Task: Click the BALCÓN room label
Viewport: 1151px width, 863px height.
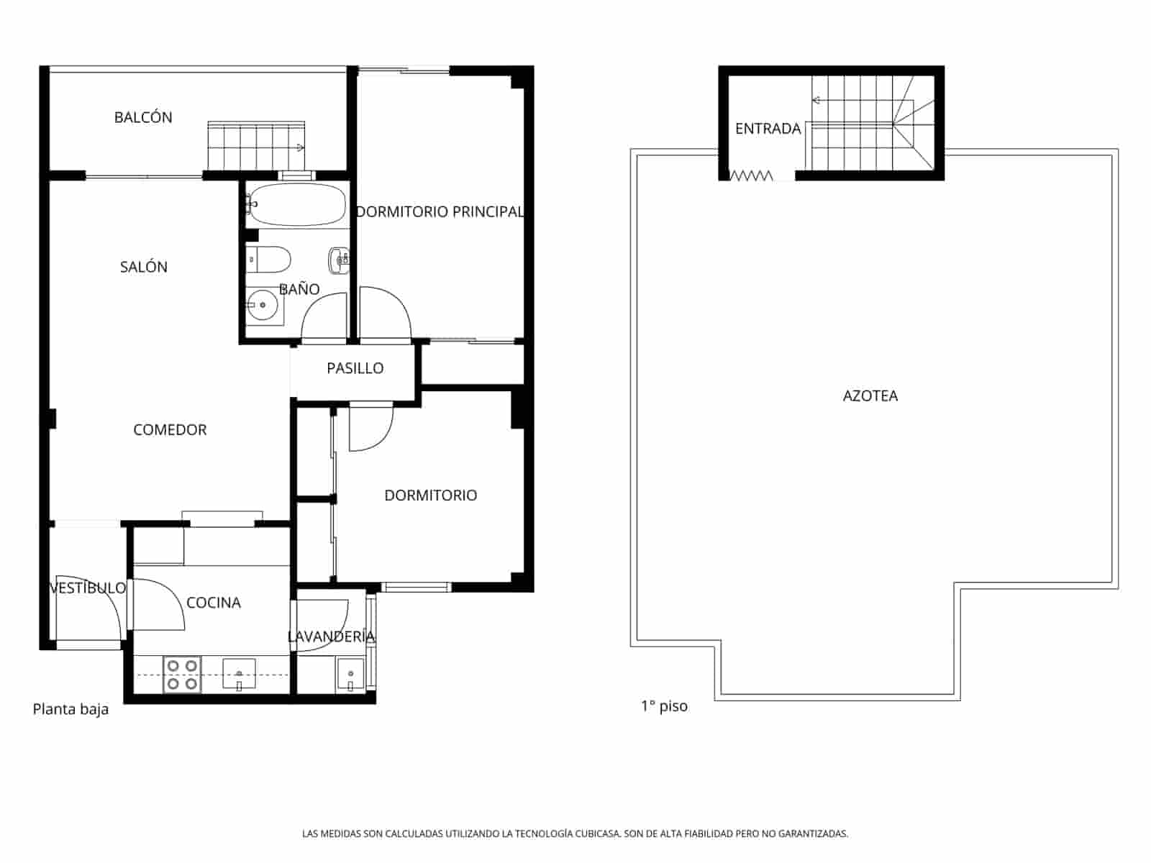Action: (x=143, y=117)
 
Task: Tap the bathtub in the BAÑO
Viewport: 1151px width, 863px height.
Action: (x=296, y=204)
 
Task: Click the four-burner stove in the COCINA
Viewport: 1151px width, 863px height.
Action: (x=181, y=675)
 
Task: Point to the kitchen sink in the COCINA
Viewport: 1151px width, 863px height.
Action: (x=239, y=674)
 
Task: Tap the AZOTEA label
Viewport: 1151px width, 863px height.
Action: (x=870, y=396)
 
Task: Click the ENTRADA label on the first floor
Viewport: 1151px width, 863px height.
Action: (x=768, y=129)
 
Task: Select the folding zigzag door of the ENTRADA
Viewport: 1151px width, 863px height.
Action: (x=751, y=175)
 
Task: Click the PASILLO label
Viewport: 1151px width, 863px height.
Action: (x=355, y=368)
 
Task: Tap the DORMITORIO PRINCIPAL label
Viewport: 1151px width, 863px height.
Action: (x=440, y=211)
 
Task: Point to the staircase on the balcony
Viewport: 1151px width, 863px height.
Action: (x=255, y=145)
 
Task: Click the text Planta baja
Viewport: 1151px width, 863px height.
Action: (x=70, y=709)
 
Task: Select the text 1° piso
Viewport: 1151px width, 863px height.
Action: (x=664, y=706)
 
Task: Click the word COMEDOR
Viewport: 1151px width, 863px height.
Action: (x=170, y=430)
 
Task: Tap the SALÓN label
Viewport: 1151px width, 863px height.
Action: (x=143, y=267)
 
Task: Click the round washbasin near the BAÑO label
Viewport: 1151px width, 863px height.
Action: (x=263, y=306)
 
